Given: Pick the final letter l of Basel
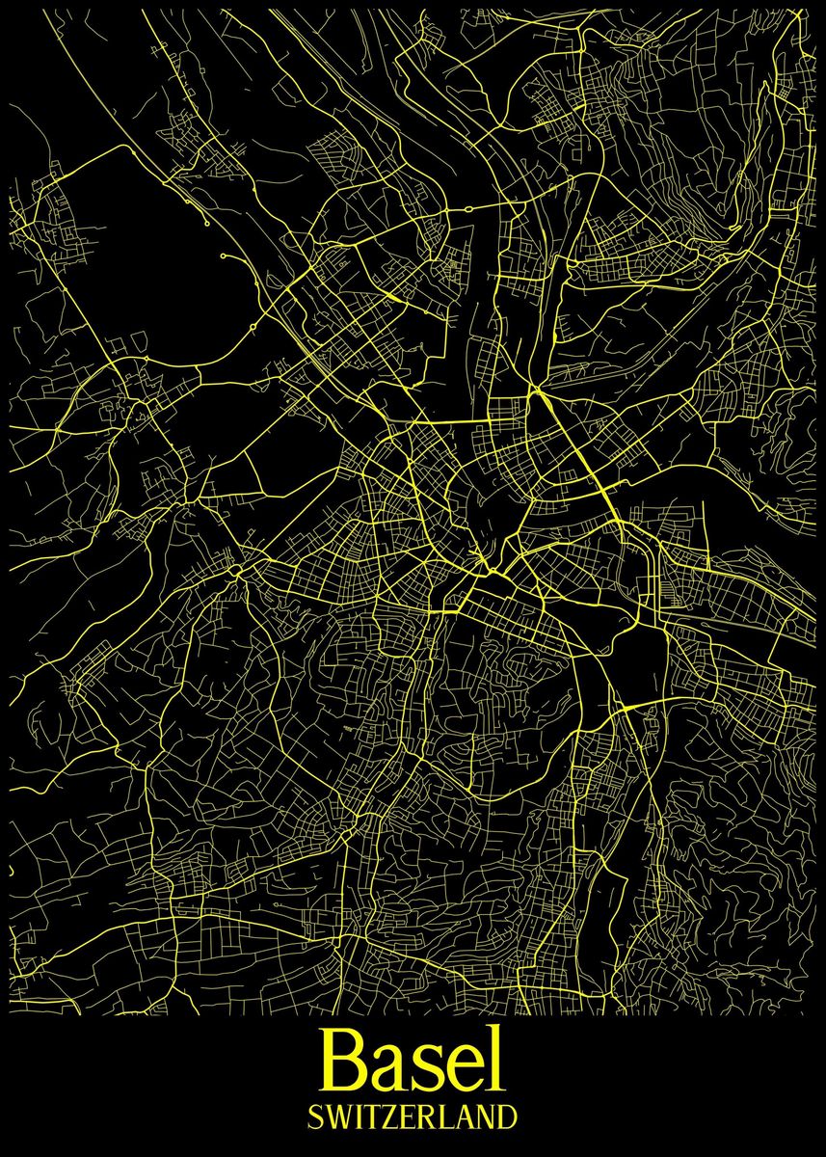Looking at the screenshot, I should (495, 1058).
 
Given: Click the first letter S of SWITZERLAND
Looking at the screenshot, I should (315, 1117).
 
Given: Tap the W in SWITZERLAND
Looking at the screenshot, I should (336, 1117).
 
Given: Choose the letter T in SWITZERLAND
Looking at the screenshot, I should (369, 1117).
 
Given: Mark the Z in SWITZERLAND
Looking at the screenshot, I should (386, 1117).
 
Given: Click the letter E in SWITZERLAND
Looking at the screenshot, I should (405, 1117).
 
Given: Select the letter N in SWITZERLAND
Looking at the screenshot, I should (484, 1117).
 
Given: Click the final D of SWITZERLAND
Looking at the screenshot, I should (507, 1117).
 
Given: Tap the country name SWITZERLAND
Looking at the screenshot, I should (413, 1117).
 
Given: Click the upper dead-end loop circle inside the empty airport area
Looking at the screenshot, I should (207, 224).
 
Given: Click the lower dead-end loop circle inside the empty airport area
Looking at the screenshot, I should (223, 256).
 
